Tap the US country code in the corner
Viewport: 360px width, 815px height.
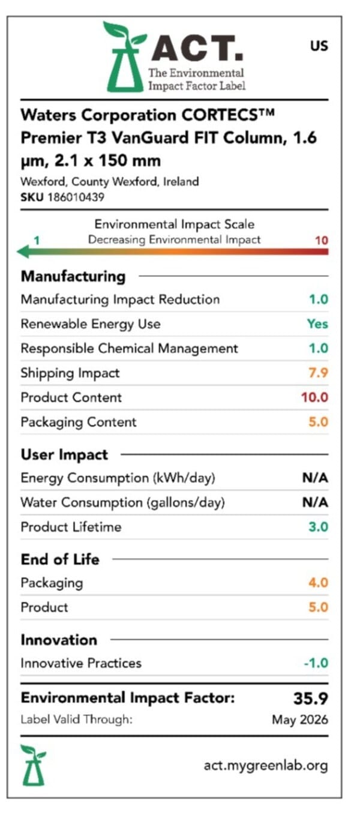pyautogui.click(x=319, y=46)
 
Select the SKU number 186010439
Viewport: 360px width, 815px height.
pyautogui.click(x=76, y=197)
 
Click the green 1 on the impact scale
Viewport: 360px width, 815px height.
pyautogui.click(x=37, y=240)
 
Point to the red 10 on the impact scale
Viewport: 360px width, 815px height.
pyautogui.click(x=322, y=240)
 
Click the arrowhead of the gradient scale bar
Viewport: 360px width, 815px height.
pyautogui.click(x=23, y=251)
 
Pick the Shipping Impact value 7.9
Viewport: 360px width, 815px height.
pyautogui.click(x=318, y=373)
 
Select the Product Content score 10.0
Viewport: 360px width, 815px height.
pyautogui.click(x=314, y=397)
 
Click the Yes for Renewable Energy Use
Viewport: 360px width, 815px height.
pyautogui.click(x=317, y=323)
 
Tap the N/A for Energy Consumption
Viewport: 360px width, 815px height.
pyautogui.click(x=315, y=478)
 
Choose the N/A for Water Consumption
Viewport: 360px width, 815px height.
pyautogui.click(x=315, y=502)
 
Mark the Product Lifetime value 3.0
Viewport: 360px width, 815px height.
pyautogui.click(x=318, y=526)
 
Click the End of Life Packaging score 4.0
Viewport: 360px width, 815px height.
pyautogui.click(x=318, y=583)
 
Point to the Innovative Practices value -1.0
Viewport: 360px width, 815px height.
pyautogui.click(x=316, y=663)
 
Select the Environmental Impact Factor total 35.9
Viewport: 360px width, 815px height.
pyautogui.click(x=311, y=698)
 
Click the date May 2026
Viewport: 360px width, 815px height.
pyautogui.click(x=300, y=720)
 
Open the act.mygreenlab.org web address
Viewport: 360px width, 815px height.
pyautogui.click(x=266, y=766)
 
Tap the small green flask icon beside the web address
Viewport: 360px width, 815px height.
pyautogui.click(x=33, y=765)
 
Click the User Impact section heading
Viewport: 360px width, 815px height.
pyautogui.click(x=64, y=454)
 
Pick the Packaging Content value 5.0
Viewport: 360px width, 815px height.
pyautogui.click(x=318, y=422)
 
